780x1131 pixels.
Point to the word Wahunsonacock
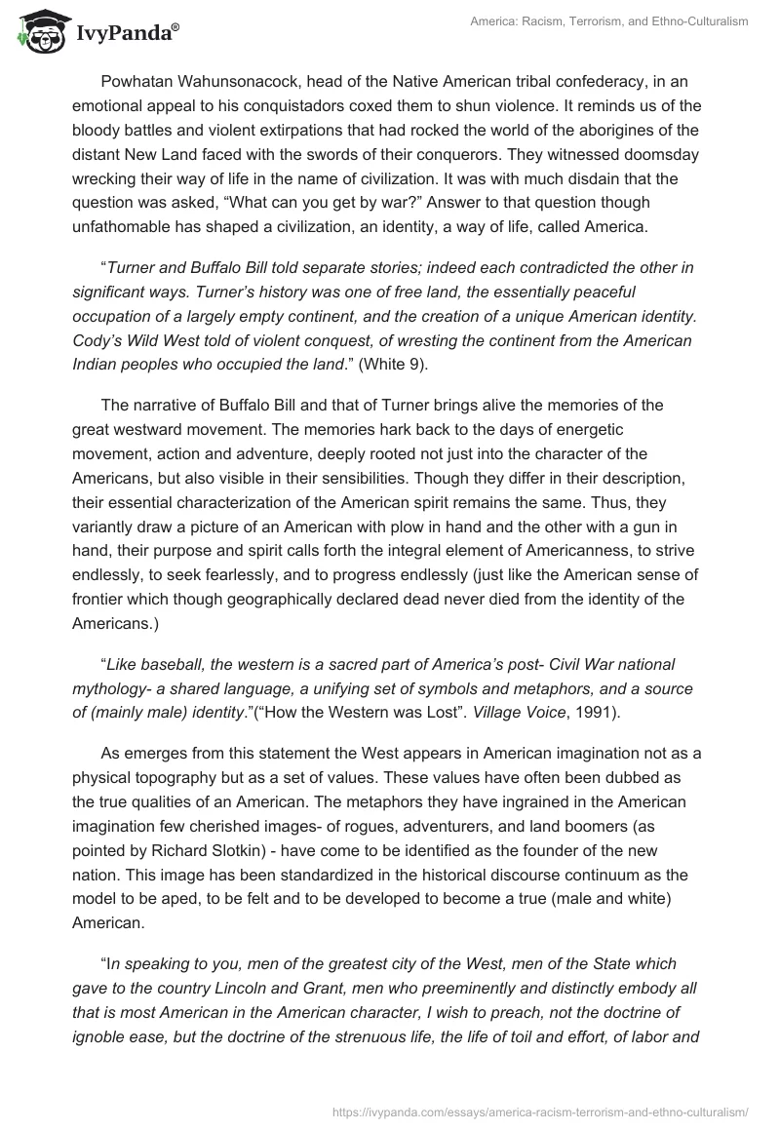tap(246, 81)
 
